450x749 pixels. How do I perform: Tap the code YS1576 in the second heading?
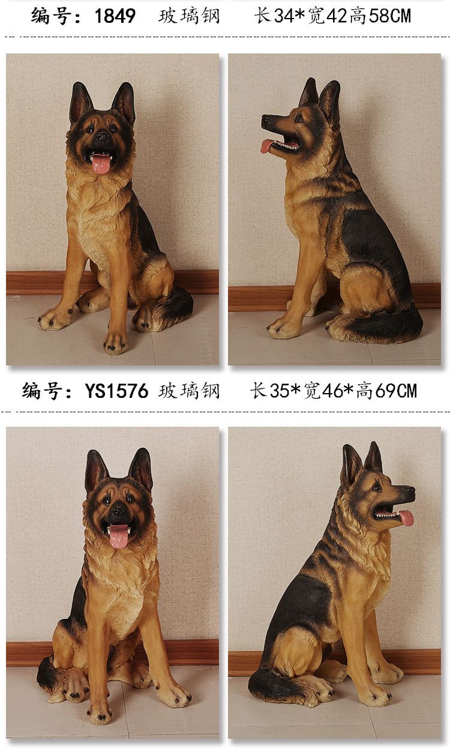click(x=116, y=392)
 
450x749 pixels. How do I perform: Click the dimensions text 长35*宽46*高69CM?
click(x=334, y=392)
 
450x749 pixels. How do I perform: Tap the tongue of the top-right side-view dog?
click(x=267, y=146)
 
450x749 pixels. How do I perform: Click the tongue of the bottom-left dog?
click(x=119, y=536)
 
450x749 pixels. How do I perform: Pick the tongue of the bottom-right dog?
click(x=407, y=517)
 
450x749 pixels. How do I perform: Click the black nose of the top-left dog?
click(x=103, y=137)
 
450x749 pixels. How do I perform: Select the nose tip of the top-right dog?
click(x=265, y=119)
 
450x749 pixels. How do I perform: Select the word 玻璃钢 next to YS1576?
click(x=189, y=392)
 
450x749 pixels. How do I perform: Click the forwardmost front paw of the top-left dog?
click(x=115, y=343)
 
